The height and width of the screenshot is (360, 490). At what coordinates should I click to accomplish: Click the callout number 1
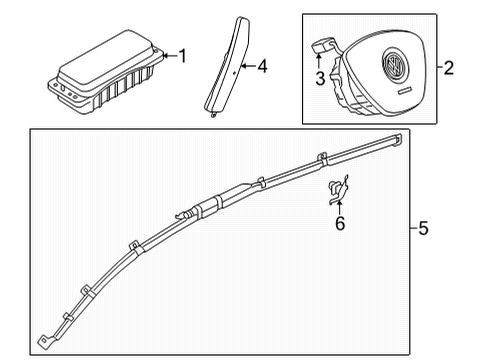click(182, 56)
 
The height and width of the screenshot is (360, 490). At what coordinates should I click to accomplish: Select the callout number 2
click(449, 68)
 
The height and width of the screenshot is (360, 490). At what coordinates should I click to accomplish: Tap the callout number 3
click(320, 79)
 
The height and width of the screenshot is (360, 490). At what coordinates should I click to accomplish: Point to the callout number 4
click(262, 66)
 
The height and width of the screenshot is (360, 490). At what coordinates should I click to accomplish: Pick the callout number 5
click(423, 228)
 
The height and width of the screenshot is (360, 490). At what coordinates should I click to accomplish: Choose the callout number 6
click(340, 223)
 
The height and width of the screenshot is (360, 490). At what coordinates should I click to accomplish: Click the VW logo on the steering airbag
click(395, 65)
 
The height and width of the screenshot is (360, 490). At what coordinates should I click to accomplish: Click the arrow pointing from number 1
click(170, 56)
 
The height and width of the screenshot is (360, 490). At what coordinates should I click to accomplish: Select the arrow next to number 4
click(248, 66)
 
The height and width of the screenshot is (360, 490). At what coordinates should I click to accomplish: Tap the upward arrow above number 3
click(319, 61)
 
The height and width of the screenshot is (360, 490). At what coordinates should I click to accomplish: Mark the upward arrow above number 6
click(339, 207)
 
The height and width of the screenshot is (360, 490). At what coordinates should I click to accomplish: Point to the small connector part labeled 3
click(323, 46)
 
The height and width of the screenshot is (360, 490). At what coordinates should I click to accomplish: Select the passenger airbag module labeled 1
click(106, 72)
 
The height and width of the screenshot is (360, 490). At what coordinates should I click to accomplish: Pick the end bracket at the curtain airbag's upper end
click(397, 140)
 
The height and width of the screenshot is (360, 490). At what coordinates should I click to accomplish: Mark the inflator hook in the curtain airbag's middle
click(182, 215)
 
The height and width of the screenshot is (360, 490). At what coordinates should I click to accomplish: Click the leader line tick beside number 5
click(414, 228)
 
